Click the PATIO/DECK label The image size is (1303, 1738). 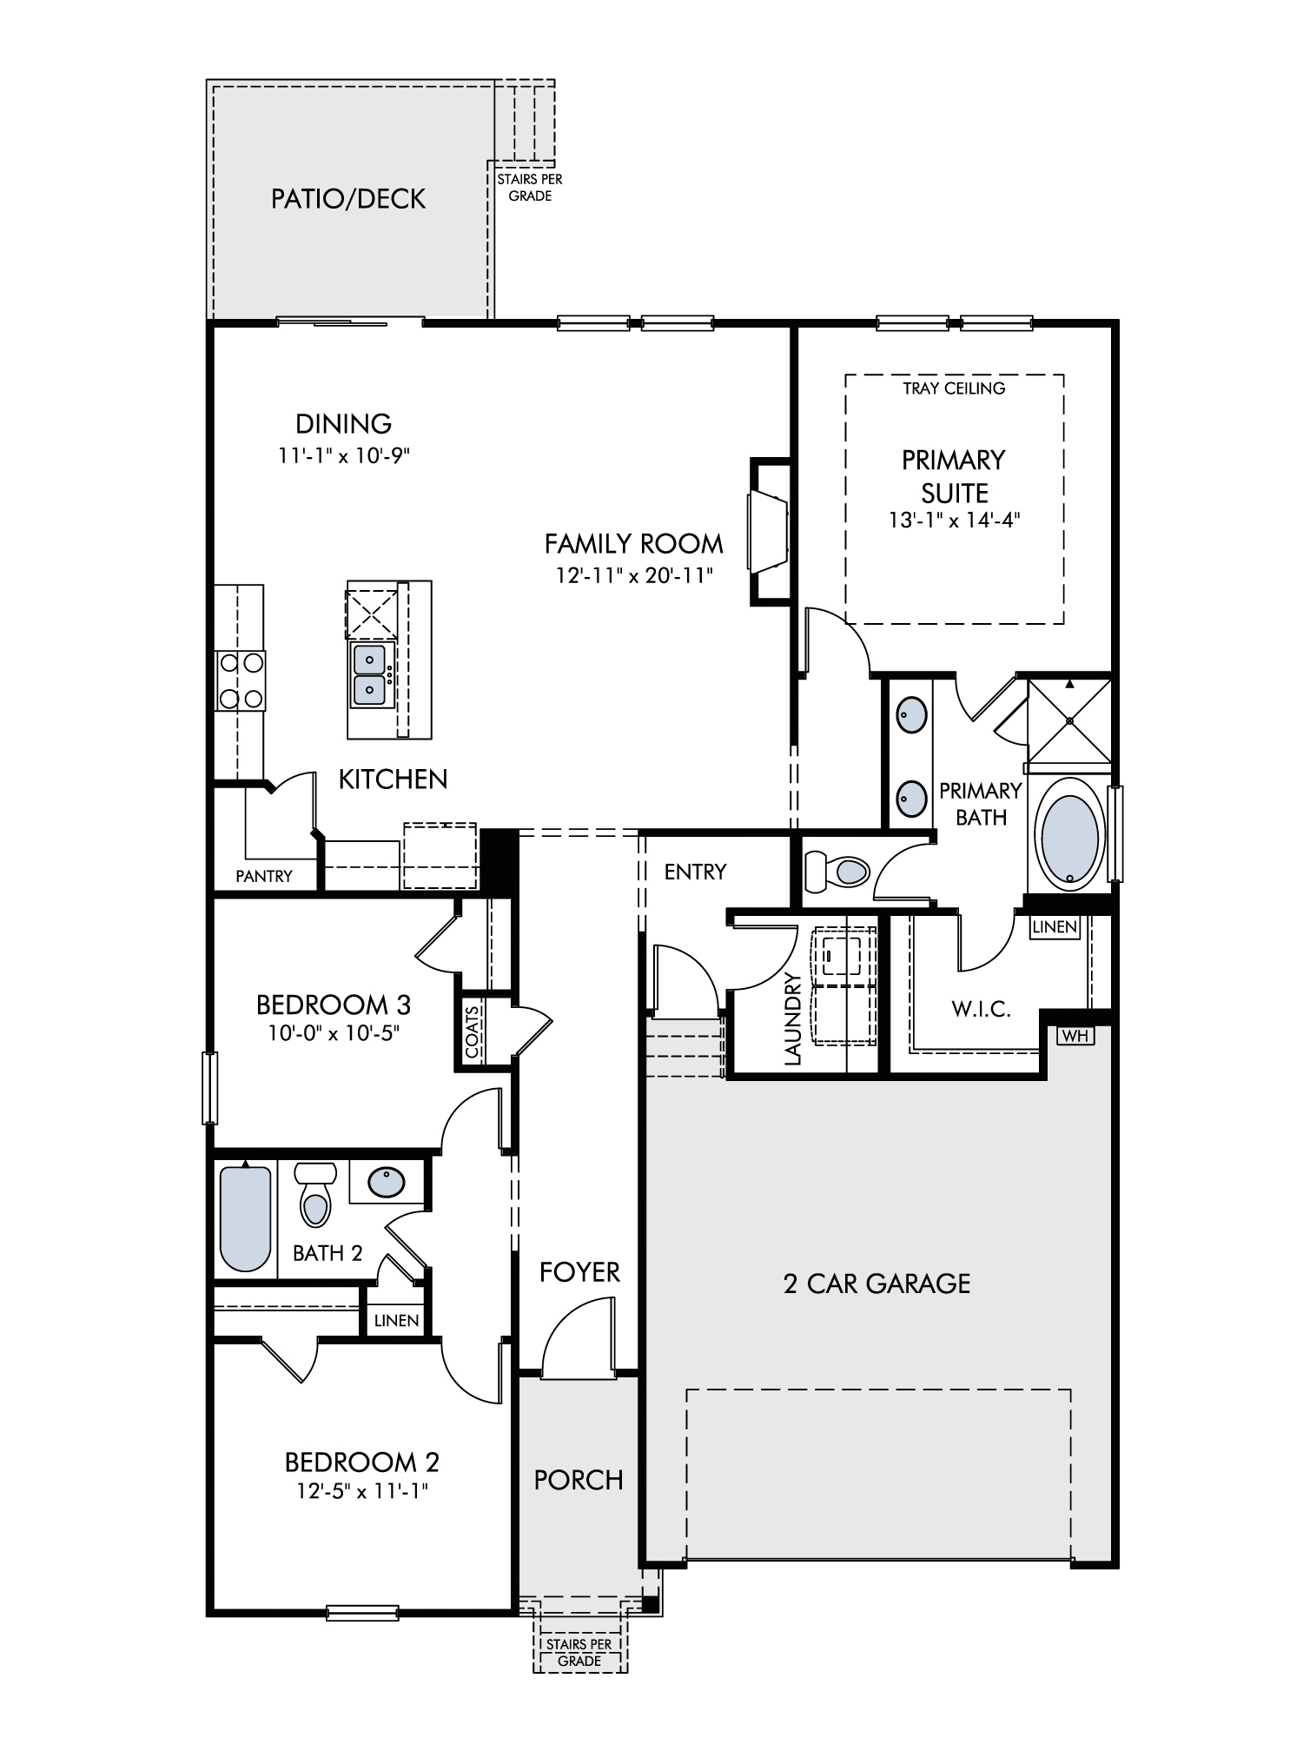348,199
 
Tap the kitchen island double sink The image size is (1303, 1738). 371,675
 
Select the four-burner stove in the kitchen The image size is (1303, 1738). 241,680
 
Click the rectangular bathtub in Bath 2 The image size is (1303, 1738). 246,1217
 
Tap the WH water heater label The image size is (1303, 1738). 1075,1036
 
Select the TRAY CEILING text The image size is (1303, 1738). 954,388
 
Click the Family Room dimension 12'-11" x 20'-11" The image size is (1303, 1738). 634,575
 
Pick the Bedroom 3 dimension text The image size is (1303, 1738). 334,1033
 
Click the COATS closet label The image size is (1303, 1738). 472,1032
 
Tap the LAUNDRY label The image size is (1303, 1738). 791,1018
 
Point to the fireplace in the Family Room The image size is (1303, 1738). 769,530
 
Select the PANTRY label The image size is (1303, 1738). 264,876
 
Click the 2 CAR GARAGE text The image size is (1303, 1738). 876,1284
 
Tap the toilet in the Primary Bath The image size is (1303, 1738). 837,872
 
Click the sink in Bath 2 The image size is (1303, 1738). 387,1182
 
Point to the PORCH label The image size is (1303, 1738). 579,1480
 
